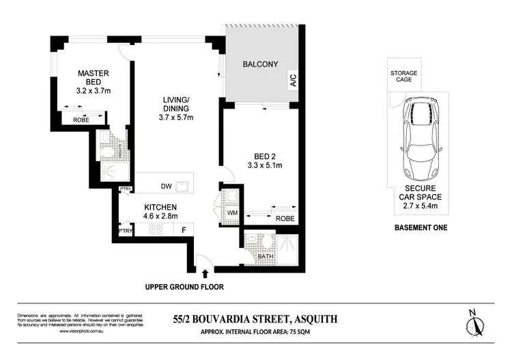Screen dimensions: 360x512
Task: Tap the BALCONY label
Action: click(261, 64)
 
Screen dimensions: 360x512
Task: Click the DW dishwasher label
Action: click(166, 185)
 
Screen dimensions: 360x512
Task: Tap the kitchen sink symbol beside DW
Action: click(182, 185)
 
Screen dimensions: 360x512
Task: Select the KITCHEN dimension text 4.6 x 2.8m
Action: click(160, 217)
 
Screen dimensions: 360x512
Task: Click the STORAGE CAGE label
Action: click(403, 77)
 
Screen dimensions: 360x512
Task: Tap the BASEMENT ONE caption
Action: click(421, 227)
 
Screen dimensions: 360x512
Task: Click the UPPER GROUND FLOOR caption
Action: click(184, 287)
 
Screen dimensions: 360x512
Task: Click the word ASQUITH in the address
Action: click(313, 318)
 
